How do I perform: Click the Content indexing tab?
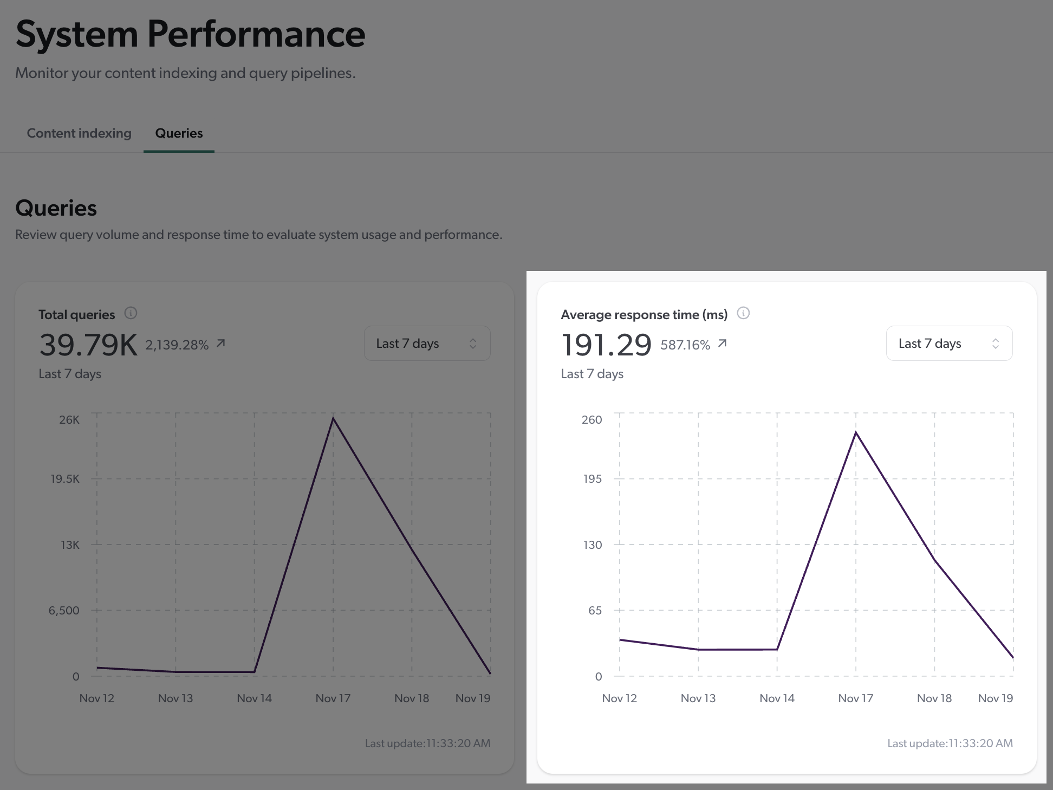79,133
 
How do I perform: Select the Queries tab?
179,133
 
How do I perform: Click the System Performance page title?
190,34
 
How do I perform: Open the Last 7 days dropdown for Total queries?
427,344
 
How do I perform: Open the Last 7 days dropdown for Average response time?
949,344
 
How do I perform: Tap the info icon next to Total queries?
131,313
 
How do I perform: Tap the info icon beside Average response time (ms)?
743,313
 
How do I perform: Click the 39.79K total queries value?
88,345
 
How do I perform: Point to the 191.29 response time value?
606,345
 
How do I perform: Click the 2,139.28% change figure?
177,345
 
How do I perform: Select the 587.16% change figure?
685,345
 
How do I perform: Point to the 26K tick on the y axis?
69,420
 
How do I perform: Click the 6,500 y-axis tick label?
64,611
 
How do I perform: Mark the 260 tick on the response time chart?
591,420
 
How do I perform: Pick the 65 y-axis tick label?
595,611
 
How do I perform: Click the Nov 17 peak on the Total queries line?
333,419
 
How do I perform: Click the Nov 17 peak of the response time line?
856,432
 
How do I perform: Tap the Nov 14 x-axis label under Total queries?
254,698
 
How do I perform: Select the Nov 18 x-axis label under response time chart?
934,698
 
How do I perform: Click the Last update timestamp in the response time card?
950,743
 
